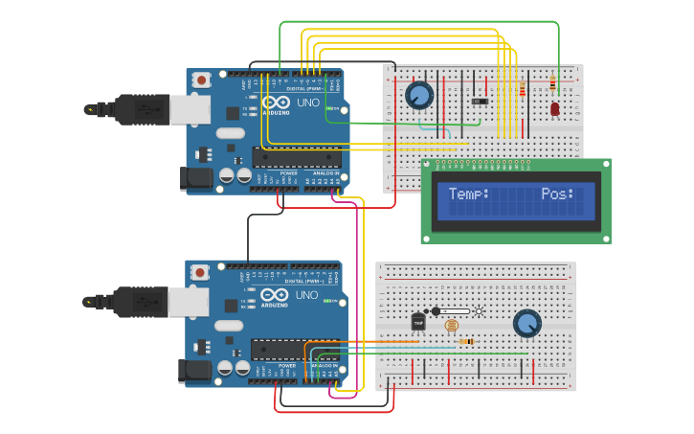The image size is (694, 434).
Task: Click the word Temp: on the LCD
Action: (x=469, y=194)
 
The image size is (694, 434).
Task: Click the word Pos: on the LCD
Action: (x=557, y=194)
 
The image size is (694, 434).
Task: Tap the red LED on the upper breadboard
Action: (x=555, y=110)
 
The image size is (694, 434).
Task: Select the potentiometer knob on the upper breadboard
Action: (x=418, y=95)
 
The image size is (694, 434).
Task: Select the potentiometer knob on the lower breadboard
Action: (x=526, y=323)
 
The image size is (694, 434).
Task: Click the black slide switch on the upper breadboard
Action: (x=480, y=101)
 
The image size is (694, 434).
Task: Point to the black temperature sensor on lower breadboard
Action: (x=417, y=323)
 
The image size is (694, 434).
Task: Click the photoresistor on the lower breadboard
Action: (x=452, y=326)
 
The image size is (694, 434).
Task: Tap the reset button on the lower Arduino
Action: (x=200, y=273)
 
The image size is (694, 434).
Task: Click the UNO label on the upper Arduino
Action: (x=306, y=103)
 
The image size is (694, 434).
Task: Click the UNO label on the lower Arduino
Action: (x=306, y=295)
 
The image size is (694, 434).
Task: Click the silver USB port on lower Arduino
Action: (x=188, y=303)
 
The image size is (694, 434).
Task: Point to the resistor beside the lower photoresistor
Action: (x=466, y=341)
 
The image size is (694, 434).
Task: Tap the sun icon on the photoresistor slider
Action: (x=478, y=310)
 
